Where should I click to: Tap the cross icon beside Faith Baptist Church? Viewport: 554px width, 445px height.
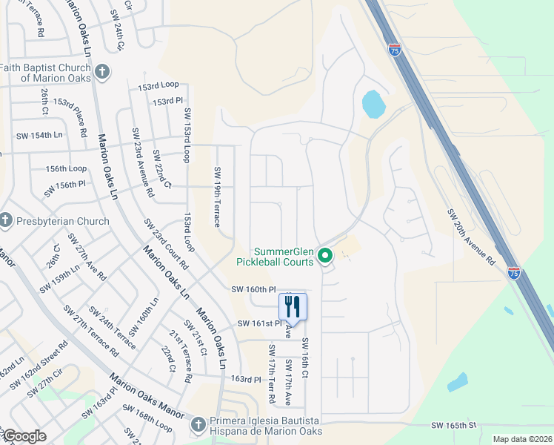point(102,73)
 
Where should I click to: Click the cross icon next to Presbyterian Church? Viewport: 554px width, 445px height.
point(6,220)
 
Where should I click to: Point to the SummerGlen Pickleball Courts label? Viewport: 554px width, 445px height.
point(275,257)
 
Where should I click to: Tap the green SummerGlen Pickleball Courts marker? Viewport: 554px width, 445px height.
point(324,257)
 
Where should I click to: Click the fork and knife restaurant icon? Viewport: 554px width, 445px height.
point(293,306)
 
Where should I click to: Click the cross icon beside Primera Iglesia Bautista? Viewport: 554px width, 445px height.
point(197,425)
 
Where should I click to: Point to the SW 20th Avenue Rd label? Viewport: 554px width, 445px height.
point(470,237)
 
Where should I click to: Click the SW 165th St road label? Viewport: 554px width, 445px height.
point(453,425)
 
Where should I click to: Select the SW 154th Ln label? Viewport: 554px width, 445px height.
point(39,135)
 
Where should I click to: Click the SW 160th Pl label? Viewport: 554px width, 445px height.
point(253,289)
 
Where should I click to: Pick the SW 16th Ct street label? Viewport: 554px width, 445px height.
point(304,357)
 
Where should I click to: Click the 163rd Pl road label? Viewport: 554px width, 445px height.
point(247,379)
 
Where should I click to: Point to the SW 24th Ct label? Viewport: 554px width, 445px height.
point(118,34)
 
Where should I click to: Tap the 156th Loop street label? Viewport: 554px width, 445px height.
point(66,169)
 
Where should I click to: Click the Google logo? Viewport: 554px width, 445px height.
point(24,436)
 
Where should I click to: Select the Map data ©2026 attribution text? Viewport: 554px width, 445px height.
point(521,439)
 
